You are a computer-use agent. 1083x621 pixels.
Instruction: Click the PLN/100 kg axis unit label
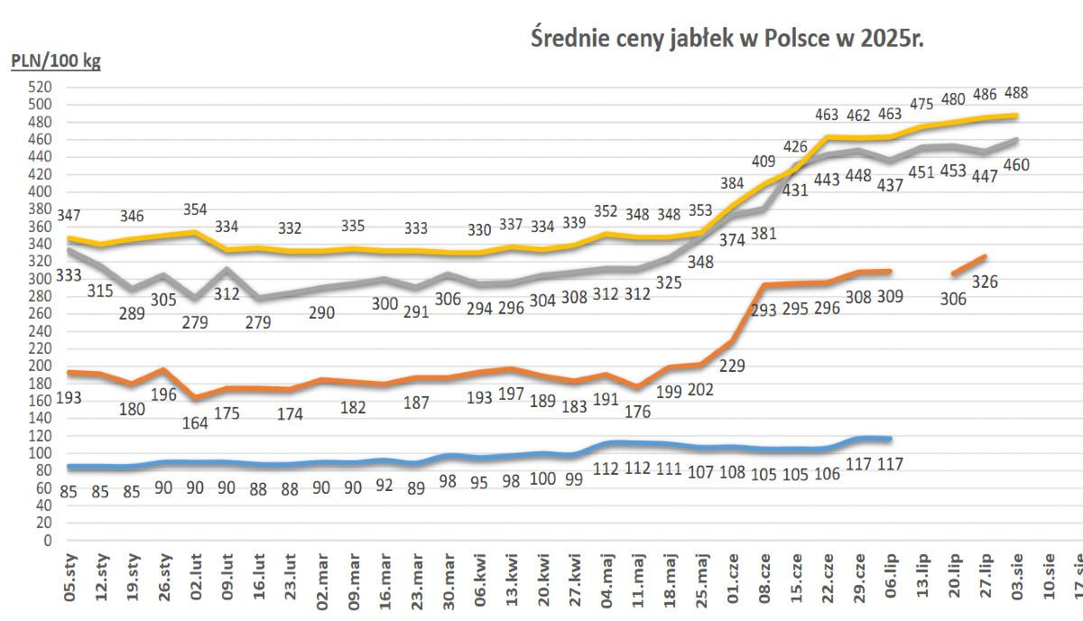pyautogui.click(x=55, y=62)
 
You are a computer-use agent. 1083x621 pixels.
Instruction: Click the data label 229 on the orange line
pyautogui.click(x=731, y=366)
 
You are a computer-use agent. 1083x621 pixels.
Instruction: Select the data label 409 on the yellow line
pyautogui.click(x=764, y=162)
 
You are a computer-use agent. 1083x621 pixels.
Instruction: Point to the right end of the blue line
pyautogui.click(x=890, y=439)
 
